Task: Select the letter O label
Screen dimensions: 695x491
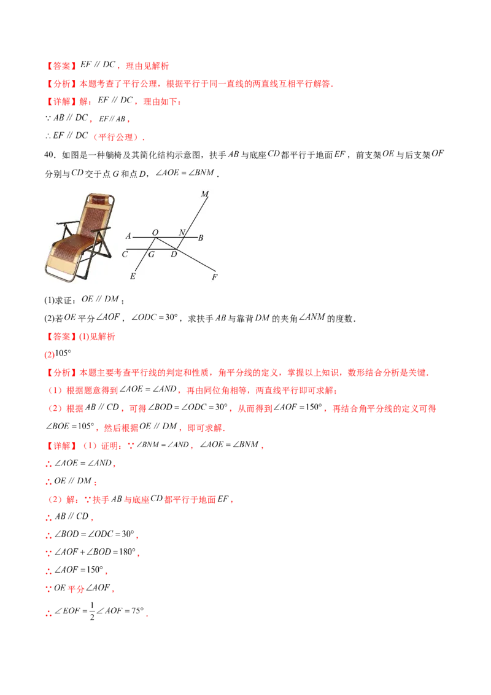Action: pyautogui.click(x=155, y=232)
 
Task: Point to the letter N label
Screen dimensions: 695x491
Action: pyautogui.click(x=182, y=232)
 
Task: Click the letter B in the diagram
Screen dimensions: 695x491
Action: pyautogui.click(x=201, y=237)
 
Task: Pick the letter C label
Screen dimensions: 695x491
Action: pyautogui.click(x=125, y=253)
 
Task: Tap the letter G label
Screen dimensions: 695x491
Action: pyautogui.click(x=151, y=254)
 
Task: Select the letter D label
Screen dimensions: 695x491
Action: pyautogui.click(x=174, y=254)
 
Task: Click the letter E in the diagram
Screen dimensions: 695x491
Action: pyautogui.click(x=133, y=277)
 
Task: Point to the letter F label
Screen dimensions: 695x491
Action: pyautogui.click(x=215, y=278)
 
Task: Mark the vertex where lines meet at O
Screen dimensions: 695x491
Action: pyautogui.click(x=153, y=237)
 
